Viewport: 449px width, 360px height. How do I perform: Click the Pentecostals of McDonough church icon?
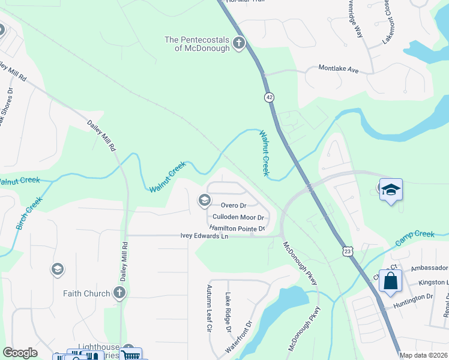pyautogui.click(x=239, y=43)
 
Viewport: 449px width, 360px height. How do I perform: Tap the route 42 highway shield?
pyautogui.click(x=268, y=97)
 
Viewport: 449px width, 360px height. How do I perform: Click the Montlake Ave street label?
pyautogui.click(x=338, y=70)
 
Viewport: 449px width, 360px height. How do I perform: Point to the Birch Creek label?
pyautogui.click(x=28, y=214)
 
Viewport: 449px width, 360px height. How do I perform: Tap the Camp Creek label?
pyautogui.click(x=414, y=238)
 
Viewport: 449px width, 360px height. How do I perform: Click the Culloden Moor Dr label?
pyautogui.click(x=239, y=217)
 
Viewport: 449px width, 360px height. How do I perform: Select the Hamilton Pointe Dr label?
pyautogui.click(x=237, y=229)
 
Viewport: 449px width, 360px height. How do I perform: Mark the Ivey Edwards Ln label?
pyautogui.click(x=205, y=236)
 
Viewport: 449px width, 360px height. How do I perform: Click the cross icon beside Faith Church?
pyautogui.click(x=119, y=293)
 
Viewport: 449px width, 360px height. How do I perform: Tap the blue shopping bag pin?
pyautogui.click(x=390, y=281)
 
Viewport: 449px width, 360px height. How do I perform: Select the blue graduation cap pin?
pyautogui.click(x=391, y=190)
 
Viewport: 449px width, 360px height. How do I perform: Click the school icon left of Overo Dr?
pyautogui.click(x=204, y=200)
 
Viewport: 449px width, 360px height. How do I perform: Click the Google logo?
pyautogui.click(x=20, y=353)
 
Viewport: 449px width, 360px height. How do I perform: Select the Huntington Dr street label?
pyautogui.click(x=413, y=296)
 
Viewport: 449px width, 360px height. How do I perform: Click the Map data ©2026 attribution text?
pyautogui.click(x=423, y=355)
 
